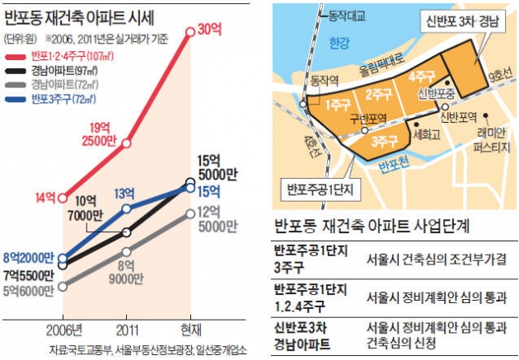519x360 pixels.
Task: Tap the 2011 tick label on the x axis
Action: [x=126, y=326]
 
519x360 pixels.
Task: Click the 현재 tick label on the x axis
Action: [x=190, y=326]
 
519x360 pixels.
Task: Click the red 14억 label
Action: [x=45, y=197]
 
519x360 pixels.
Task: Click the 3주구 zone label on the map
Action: [x=380, y=139]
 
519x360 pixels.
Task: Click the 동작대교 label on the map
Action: [x=345, y=14]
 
